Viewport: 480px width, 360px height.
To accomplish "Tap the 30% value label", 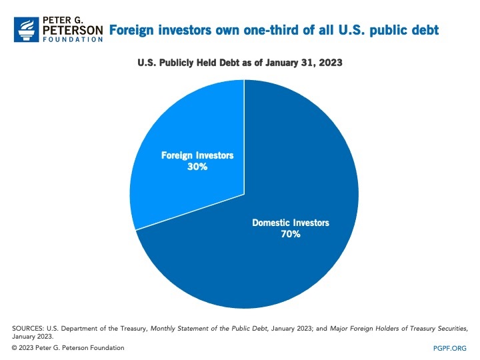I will pos(197,167).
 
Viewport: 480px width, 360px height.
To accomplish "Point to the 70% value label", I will pos(291,235).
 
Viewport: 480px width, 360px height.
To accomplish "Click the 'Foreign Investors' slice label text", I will pos(197,155).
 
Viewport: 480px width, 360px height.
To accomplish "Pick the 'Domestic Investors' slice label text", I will pos(291,223).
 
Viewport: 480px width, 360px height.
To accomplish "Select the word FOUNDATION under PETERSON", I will pos(72,40).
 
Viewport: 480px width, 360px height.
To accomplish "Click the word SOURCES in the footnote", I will pos(29,329).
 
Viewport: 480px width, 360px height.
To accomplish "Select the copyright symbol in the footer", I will pos(15,348).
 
